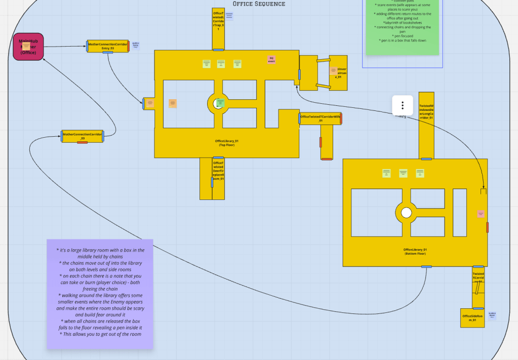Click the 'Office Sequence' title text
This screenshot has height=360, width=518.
259,4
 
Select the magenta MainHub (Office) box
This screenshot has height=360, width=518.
28,47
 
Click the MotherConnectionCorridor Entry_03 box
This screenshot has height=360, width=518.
107,46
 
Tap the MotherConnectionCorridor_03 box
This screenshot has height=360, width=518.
82,136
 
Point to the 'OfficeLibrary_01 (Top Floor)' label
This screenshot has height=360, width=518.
226,143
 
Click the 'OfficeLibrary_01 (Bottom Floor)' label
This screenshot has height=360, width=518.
415,252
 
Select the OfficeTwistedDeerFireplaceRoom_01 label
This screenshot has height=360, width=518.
218,171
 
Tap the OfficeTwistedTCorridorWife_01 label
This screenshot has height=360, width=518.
321,118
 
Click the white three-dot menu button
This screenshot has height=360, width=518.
403,105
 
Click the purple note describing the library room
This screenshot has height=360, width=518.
100,294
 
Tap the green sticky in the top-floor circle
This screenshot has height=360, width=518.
220,103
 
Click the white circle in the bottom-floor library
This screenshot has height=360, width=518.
406,213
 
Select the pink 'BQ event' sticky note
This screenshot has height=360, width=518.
271,60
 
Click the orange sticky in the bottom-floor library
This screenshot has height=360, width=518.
481,214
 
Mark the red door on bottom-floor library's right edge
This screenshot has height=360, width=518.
487,227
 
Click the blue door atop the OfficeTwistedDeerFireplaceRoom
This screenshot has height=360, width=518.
218,158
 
